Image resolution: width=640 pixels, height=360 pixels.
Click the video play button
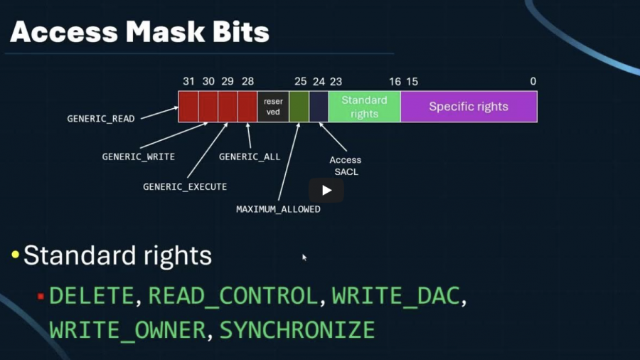[x=326, y=190]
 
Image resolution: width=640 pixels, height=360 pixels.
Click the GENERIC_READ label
[x=101, y=119]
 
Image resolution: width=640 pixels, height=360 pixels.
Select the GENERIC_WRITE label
[x=138, y=157]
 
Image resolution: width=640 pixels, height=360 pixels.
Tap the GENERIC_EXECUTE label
[x=185, y=187]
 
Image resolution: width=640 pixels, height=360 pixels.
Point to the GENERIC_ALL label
[x=250, y=157]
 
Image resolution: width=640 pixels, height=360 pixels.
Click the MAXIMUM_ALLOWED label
[x=278, y=210]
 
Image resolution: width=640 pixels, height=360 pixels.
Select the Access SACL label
[x=346, y=166]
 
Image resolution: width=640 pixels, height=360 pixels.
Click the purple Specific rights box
[x=469, y=107]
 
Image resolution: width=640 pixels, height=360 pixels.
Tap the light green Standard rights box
[x=364, y=107]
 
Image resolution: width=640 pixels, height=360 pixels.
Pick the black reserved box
[x=273, y=107]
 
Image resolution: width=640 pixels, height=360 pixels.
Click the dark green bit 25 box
[x=299, y=107]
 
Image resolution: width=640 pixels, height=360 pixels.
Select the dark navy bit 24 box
[x=319, y=107]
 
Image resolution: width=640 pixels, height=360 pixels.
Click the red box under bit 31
[x=188, y=107]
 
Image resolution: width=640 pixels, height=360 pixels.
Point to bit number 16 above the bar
[x=395, y=82]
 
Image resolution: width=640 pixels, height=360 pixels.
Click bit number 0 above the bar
[x=533, y=82]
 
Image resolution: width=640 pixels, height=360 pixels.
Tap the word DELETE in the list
[x=92, y=295]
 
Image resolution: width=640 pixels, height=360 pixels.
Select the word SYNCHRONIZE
[x=297, y=330]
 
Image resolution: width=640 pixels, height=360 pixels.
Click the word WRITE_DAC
[x=395, y=295]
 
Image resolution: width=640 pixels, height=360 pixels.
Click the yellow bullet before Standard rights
[x=15, y=255]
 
